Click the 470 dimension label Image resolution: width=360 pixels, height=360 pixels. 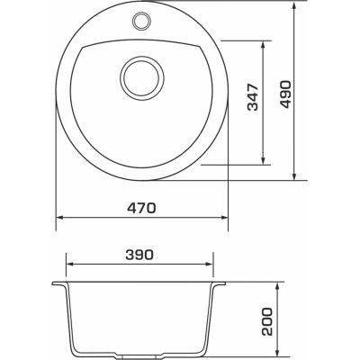click(x=141, y=208)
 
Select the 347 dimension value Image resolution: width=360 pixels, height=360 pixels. click(x=253, y=97)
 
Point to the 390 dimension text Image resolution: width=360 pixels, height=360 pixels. click(x=139, y=255)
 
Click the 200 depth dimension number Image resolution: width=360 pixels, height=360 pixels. click(x=266, y=321)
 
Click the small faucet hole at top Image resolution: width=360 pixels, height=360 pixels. click(x=140, y=21)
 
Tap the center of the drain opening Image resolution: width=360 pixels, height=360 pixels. click(x=142, y=78)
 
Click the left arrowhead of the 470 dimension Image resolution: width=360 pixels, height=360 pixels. click(x=59, y=218)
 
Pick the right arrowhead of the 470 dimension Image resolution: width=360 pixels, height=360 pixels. click(x=225, y=218)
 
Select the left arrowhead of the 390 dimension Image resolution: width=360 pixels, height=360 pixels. click(x=69, y=264)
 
